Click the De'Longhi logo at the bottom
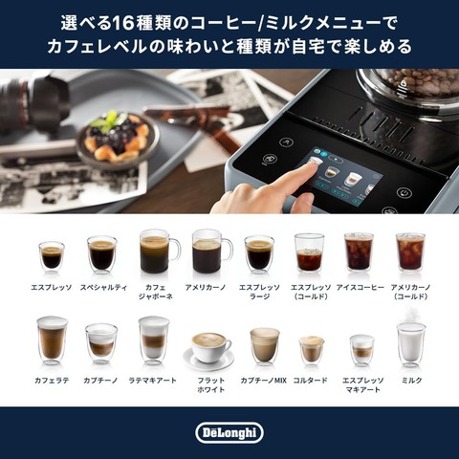[x=229, y=432]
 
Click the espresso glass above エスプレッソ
[x=52, y=257]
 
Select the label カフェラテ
[x=52, y=381]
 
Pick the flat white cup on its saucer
[x=208, y=351]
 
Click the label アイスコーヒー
[x=361, y=288]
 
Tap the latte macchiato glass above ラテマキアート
[x=154, y=340]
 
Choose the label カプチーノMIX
[x=264, y=381]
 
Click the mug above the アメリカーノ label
[x=211, y=251]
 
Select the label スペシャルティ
[x=103, y=288]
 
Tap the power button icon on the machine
[x=404, y=192]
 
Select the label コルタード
[x=311, y=381]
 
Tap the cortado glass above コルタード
[x=312, y=351]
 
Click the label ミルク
[x=411, y=381]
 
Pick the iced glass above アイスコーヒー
[x=359, y=252]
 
